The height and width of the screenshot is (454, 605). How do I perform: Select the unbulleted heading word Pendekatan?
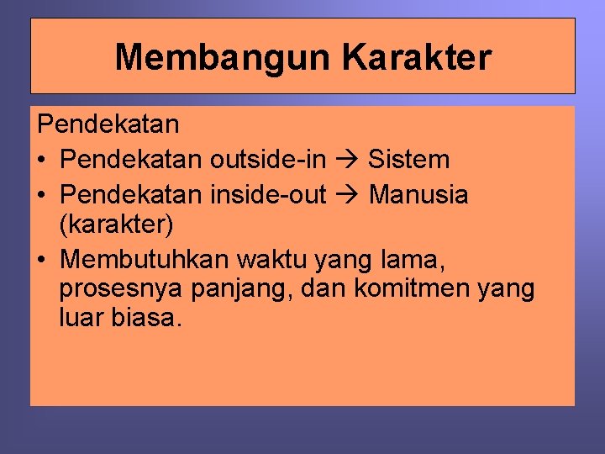point(108,125)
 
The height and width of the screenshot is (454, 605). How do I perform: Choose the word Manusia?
point(418,195)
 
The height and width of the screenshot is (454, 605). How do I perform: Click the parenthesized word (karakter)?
point(117,224)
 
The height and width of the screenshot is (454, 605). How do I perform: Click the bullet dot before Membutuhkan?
point(42,261)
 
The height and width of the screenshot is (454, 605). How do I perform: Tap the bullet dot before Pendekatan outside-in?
point(42,160)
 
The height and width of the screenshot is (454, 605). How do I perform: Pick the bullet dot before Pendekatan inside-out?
point(42,196)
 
